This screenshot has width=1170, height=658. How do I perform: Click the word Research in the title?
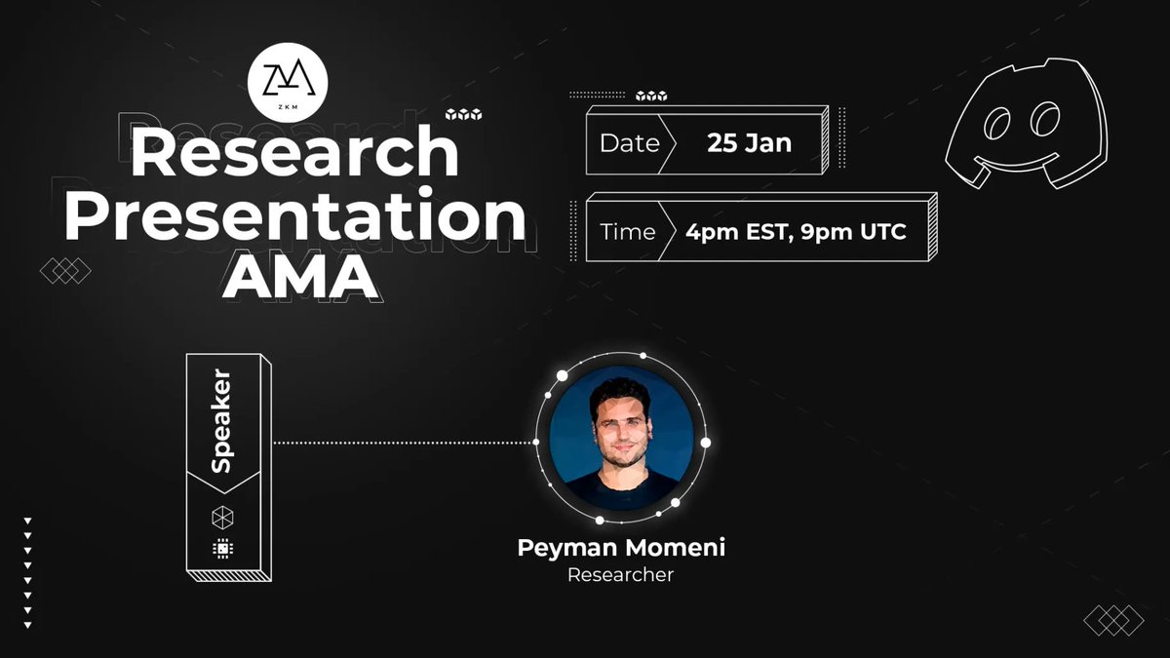coord(294,153)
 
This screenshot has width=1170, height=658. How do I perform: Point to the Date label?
coord(629,143)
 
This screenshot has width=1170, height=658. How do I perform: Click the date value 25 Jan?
coord(749,143)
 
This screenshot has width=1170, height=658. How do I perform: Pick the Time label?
coord(628,232)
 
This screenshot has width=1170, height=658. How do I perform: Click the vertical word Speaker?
coord(222,420)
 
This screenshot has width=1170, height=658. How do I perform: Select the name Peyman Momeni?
coord(621,548)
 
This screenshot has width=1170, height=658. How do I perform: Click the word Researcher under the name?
coord(621,575)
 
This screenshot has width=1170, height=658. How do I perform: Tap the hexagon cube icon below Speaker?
coord(222,517)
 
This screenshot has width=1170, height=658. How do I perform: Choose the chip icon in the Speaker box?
coord(222,550)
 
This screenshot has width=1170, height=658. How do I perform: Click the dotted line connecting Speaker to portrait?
coord(405,443)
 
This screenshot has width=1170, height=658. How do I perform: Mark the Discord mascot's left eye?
coord(1000,124)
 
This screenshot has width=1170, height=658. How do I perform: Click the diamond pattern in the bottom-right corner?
coord(1113,620)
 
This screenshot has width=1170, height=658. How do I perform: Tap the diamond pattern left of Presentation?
coord(65,270)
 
